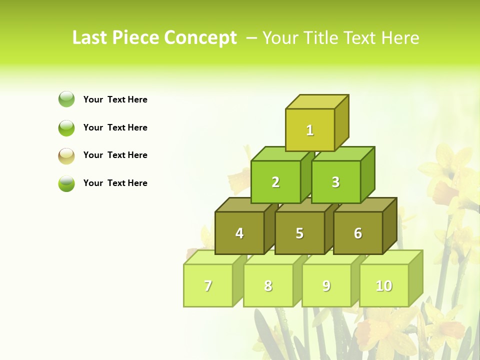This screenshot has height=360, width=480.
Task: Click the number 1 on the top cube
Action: (x=310, y=130)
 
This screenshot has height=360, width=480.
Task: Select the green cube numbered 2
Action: (x=275, y=182)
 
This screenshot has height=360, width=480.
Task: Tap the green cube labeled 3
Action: (x=335, y=182)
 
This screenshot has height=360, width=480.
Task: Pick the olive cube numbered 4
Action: (x=239, y=233)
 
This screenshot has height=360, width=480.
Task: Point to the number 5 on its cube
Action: (x=299, y=233)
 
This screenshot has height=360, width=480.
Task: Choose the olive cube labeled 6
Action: (x=358, y=233)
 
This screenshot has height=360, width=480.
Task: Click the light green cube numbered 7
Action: (x=208, y=285)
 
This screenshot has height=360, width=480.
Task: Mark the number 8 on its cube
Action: (x=268, y=285)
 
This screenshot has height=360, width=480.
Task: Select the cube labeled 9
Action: (x=326, y=285)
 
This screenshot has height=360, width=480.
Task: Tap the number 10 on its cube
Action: (x=384, y=285)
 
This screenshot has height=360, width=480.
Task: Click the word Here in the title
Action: (x=400, y=37)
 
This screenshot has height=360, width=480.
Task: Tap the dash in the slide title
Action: (x=252, y=38)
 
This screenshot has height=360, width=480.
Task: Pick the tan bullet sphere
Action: (x=66, y=156)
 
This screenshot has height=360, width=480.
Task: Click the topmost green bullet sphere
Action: (x=66, y=99)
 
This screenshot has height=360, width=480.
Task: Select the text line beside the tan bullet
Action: (x=115, y=155)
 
